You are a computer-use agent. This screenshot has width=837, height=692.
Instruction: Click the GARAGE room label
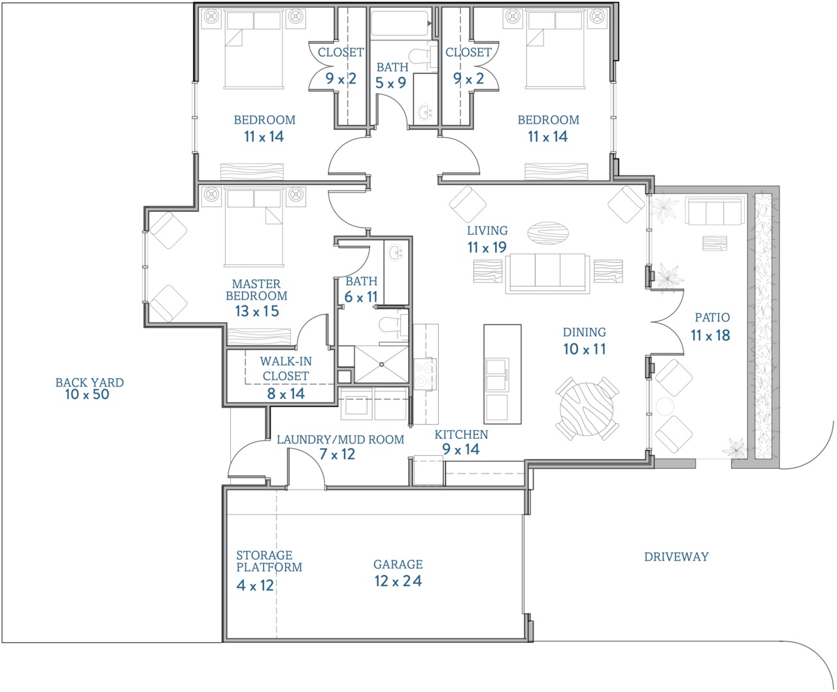398,564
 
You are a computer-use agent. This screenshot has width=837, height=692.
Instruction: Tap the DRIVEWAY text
676,557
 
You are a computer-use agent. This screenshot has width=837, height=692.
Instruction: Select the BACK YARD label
90,383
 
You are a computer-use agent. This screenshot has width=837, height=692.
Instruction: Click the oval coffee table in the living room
547,233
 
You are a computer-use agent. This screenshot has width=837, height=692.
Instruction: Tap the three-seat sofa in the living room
547,273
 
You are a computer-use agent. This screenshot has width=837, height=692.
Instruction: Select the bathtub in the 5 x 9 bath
400,24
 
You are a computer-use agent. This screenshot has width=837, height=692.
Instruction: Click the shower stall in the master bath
381,364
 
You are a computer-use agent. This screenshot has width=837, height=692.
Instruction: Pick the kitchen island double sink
497,375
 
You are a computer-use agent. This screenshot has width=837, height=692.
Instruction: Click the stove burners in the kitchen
425,373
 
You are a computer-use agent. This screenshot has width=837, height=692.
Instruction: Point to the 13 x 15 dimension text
257,311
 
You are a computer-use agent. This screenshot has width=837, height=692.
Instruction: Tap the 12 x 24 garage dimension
398,581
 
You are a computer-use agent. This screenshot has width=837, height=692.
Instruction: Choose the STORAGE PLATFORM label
269,561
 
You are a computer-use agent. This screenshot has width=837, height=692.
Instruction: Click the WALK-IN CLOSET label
286,368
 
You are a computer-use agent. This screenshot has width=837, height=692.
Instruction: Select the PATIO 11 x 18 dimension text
710,336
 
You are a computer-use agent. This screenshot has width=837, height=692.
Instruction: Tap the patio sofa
714,211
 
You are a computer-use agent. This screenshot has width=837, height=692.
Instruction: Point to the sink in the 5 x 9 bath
425,112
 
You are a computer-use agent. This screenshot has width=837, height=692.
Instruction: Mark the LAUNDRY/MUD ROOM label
340,440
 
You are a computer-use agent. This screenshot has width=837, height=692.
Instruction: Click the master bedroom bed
254,228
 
